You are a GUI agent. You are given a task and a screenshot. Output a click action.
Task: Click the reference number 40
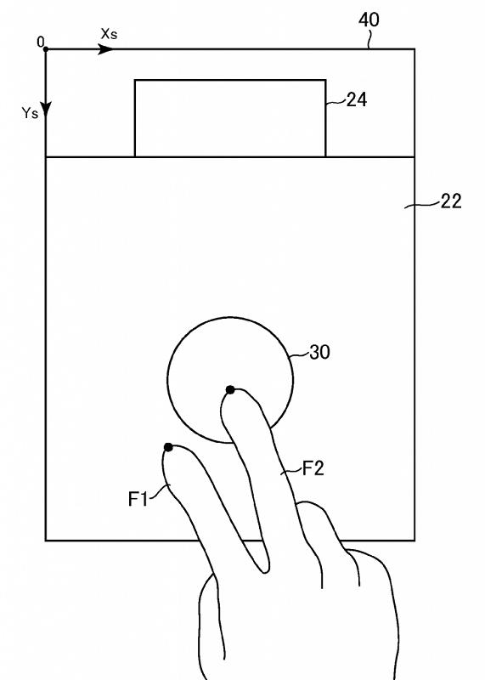[x=369, y=20]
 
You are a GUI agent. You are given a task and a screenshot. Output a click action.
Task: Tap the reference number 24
[x=357, y=99]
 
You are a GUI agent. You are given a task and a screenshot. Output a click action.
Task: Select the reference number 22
[x=451, y=201]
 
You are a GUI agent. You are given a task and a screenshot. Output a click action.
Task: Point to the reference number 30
[x=320, y=352]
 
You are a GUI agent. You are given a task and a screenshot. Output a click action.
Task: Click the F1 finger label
[x=138, y=499]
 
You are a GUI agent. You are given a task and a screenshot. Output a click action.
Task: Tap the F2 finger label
[x=313, y=468]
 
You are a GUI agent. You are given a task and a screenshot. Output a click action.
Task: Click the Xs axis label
[x=109, y=34]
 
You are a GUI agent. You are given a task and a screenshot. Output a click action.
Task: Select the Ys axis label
[x=31, y=113]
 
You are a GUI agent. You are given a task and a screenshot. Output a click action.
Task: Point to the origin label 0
[x=40, y=42]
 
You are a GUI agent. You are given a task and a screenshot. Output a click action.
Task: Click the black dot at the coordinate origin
[x=46, y=49]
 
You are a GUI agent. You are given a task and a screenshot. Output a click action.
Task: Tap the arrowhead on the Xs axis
[x=105, y=49]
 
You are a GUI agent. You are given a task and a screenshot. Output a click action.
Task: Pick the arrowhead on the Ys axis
[x=46, y=110]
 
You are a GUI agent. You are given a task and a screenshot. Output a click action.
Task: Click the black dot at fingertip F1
[x=168, y=447]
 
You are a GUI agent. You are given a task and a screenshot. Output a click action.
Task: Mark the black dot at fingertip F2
[x=230, y=390]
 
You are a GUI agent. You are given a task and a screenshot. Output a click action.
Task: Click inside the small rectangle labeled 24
[x=230, y=118]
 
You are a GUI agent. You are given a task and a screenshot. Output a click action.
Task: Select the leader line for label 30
[x=301, y=354]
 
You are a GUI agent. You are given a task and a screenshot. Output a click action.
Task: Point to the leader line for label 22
[x=422, y=204]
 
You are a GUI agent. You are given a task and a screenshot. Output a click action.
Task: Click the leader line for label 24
[x=336, y=102]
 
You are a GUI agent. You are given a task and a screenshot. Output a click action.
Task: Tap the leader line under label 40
[x=369, y=39]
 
